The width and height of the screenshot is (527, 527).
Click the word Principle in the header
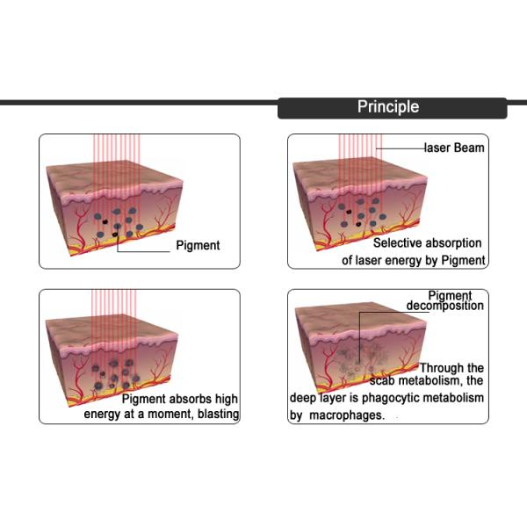[x=387, y=107]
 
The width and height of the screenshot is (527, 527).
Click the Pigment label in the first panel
[x=198, y=245]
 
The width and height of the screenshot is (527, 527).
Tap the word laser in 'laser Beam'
[x=438, y=148]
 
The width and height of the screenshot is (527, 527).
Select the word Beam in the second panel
[x=469, y=148]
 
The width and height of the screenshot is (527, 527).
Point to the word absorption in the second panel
[x=455, y=243]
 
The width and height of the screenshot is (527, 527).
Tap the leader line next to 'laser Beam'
[x=400, y=148]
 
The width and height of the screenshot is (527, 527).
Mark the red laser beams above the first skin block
[x=112, y=149]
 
